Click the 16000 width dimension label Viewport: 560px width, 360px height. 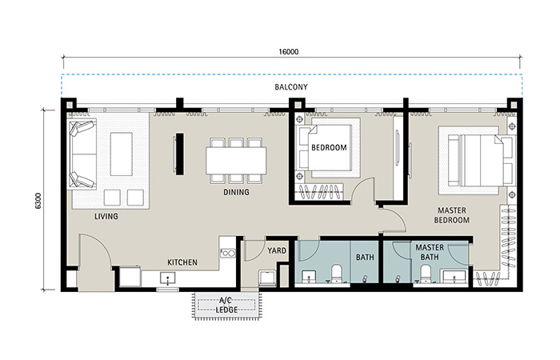click(x=289, y=52)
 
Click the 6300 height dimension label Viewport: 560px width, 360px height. click(x=38, y=201)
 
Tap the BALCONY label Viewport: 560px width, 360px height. click(x=291, y=86)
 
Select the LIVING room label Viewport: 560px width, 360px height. click(x=106, y=216)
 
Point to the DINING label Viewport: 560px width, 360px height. click(x=237, y=192)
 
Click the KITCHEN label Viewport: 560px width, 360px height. click(x=182, y=262)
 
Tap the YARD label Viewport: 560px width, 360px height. click(x=277, y=250)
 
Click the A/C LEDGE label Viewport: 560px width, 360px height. click(x=226, y=306)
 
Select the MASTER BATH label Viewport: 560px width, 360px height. click(x=430, y=252)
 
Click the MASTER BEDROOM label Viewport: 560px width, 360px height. click(x=452, y=215)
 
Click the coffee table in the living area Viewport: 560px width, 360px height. click(x=122, y=154)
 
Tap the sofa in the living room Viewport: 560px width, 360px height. click(x=83, y=154)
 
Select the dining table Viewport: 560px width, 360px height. click(x=236, y=161)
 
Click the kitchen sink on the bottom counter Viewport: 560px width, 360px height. click(x=167, y=278)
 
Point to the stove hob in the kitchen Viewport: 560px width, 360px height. click(x=228, y=254)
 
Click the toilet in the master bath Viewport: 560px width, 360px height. click(x=426, y=274)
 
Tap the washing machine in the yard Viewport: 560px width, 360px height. click(x=267, y=278)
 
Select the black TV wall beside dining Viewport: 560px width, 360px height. click(x=180, y=154)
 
